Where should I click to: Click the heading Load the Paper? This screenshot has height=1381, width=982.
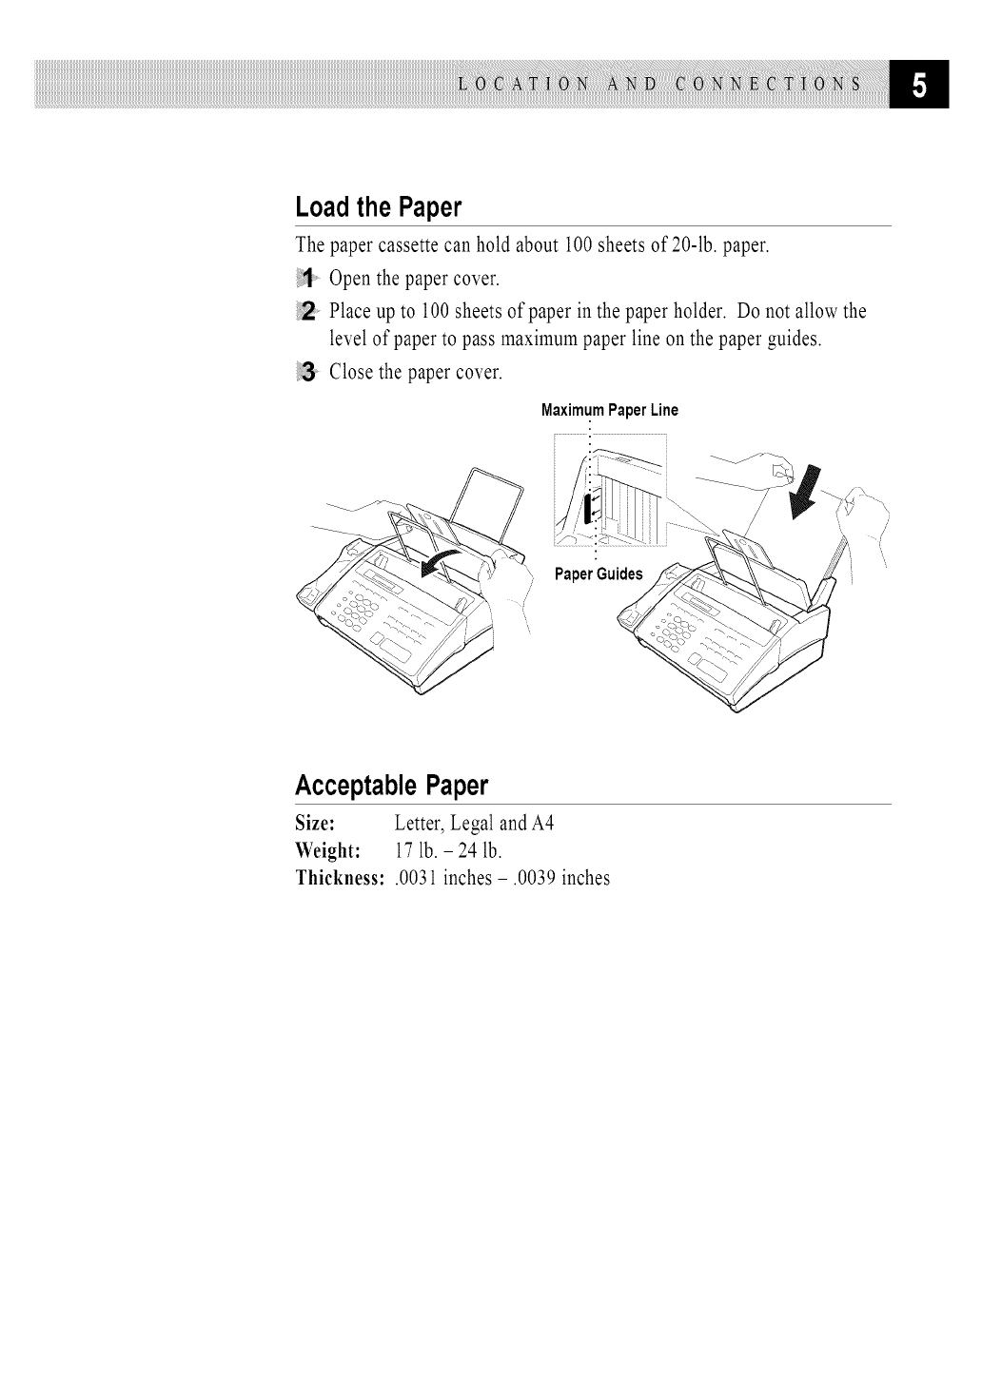coord(378,206)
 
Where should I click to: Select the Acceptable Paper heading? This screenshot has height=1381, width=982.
coord(391,786)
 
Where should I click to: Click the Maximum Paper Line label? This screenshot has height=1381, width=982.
coord(609,411)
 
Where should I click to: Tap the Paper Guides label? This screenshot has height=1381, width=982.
coord(599,574)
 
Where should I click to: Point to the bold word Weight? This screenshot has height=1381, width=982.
coord(326,850)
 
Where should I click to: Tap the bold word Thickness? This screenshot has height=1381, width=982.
coord(340,878)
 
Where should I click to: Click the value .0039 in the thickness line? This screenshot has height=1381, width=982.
coord(535,878)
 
